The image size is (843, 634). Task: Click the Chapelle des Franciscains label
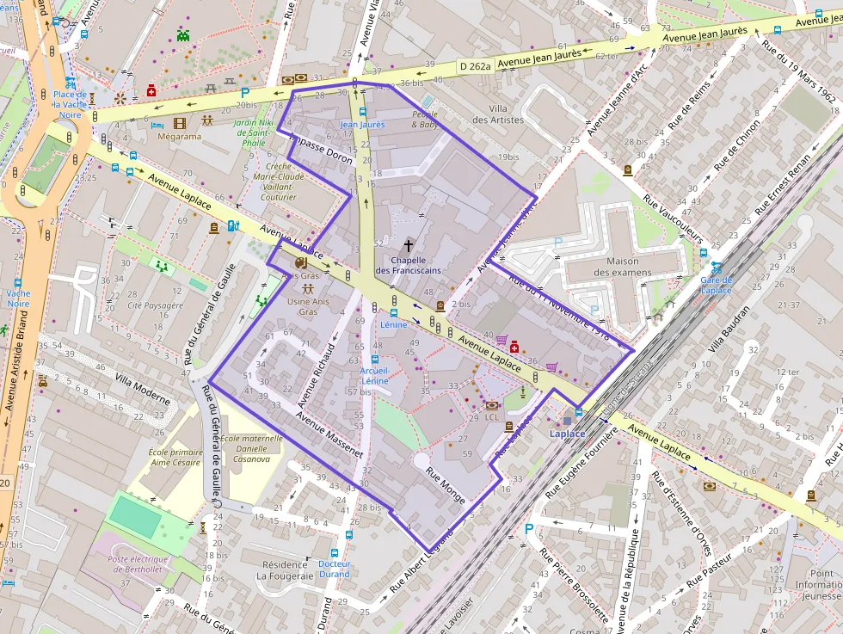point(408,265)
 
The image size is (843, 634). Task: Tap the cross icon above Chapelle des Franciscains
point(408,245)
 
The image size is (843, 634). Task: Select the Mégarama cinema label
point(180,136)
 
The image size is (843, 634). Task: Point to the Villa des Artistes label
point(498,114)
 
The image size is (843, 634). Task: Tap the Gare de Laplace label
point(716,285)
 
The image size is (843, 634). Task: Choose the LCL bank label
point(491,417)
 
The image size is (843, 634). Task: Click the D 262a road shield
point(475,65)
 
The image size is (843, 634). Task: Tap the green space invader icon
point(183,35)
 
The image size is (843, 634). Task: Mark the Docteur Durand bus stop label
point(334,569)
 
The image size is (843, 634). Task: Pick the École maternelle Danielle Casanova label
point(251,448)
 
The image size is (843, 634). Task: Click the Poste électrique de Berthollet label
point(142,565)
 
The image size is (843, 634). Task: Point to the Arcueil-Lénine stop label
point(375,375)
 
